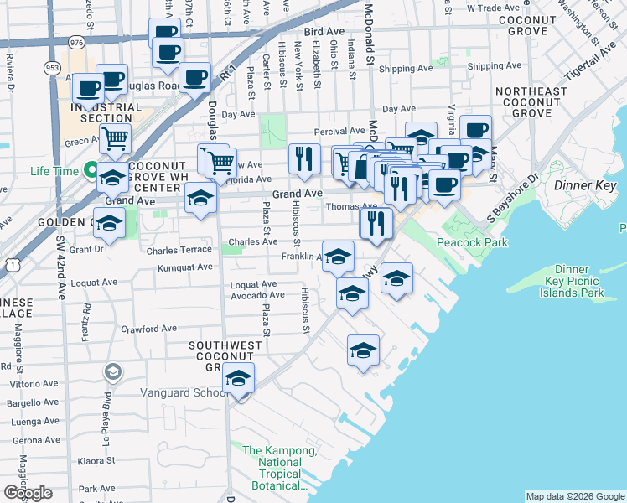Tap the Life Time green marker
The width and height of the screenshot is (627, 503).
tap(91, 172)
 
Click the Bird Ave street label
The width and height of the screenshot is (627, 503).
tap(325, 31)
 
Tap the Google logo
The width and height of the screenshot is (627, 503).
tap(28, 492)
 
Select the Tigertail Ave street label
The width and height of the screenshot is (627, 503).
tap(590, 64)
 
